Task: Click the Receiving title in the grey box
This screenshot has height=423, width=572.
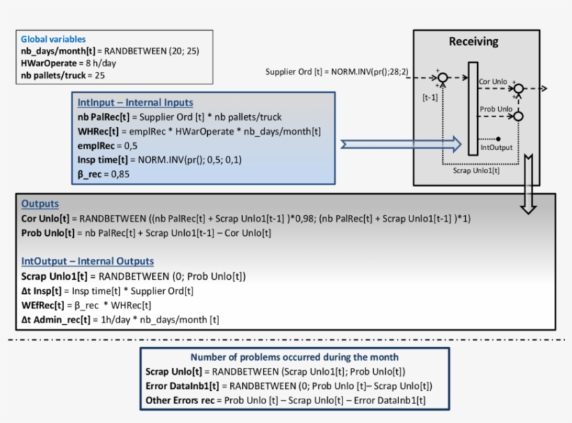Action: coord(473,41)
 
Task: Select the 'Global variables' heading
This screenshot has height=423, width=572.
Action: coord(53,39)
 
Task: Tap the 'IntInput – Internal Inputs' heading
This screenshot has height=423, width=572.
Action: coord(135,103)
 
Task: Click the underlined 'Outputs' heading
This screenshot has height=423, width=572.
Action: coord(40,205)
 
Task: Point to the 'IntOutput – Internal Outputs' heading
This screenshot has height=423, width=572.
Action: coord(87,262)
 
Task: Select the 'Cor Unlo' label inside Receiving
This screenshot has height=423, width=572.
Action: coord(492,82)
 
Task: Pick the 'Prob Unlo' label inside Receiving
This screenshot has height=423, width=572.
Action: coord(494,110)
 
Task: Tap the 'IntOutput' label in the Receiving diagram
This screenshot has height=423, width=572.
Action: coord(497,148)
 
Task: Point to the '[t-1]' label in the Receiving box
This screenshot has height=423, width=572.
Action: coord(430,98)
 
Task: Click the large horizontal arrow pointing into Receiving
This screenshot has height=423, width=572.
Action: coord(401,144)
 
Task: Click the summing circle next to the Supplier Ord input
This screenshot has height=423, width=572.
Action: coord(442,77)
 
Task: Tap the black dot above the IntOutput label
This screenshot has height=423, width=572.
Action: coord(498,138)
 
